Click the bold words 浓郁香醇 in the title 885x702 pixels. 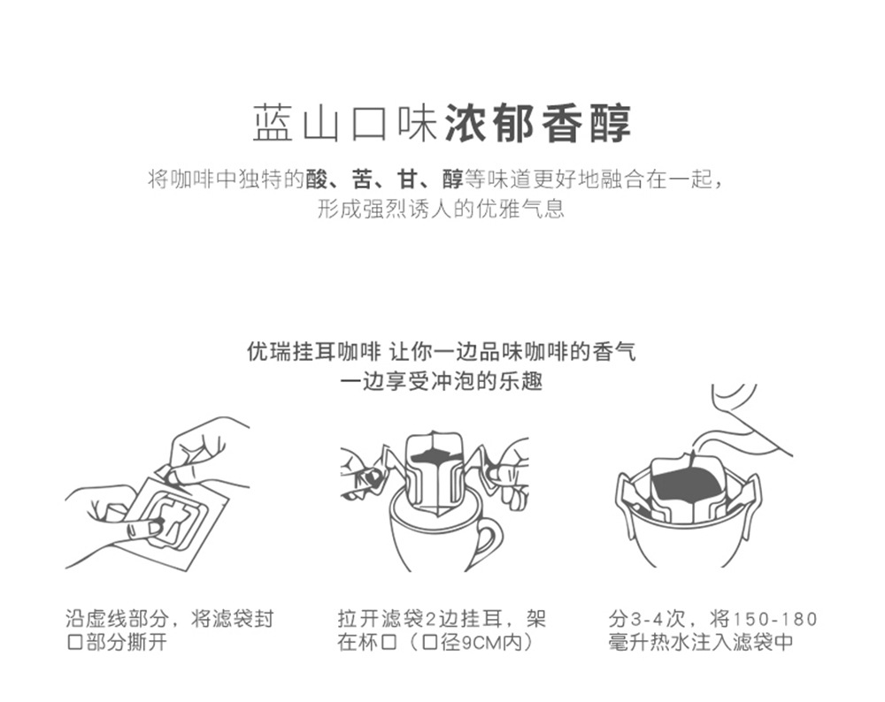click(538, 123)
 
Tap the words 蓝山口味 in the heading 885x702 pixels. click(345, 123)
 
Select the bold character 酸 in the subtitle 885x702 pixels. click(317, 179)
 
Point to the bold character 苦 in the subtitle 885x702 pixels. click(362, 179)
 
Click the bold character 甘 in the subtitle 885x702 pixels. click(407, 179)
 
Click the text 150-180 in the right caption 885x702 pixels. click(774, 619)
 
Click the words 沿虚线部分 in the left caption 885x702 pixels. click(117, 619)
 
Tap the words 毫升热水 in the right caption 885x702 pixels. click(650, 642)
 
